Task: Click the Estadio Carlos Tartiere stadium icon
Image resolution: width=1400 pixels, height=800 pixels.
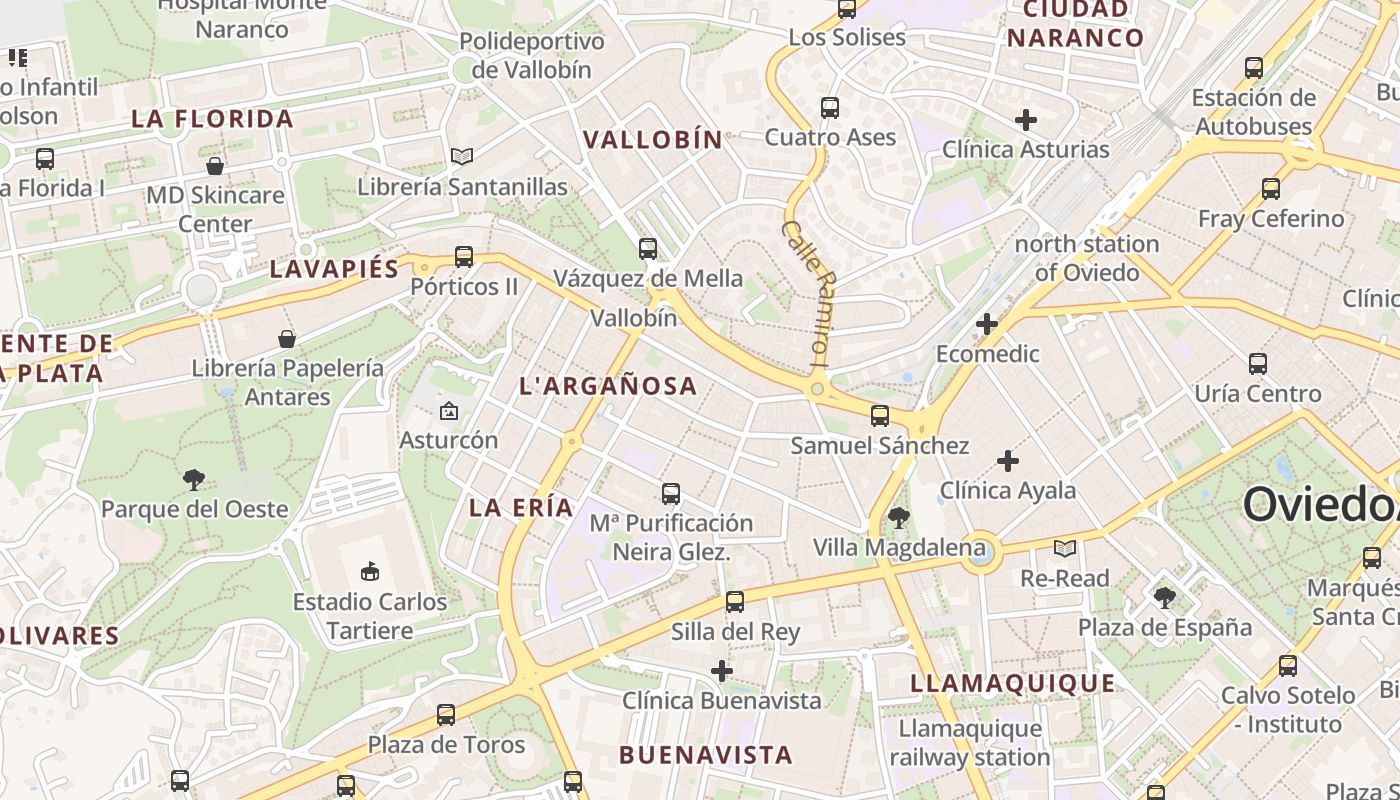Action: pyautogui.click(x=369, y=571)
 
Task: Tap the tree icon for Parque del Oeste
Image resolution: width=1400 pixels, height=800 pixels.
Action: pyautogui.click(x=194, y=480)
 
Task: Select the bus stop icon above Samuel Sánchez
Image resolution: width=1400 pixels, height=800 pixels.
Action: pyautogui.click(x=880, y=415)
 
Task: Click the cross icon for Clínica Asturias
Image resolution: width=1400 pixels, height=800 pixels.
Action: pyautogui.click(x=1025, y=120)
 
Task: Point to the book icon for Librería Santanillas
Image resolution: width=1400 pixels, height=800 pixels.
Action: pyautogui.click(x=461, y=157)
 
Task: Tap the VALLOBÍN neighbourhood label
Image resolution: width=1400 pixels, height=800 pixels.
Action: pyautogui.click(x=652, y=140)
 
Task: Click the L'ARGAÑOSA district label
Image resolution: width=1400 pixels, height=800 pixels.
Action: pyautogui.click(x=608, y=386)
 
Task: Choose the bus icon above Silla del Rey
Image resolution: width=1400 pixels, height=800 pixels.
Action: pyautogui.click(x=735, y=601)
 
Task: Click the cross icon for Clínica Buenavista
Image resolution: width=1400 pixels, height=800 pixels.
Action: pyautogui.click(x=722, y=670)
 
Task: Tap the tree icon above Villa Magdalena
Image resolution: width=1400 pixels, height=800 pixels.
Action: pyautogui.click(x=898, y=517)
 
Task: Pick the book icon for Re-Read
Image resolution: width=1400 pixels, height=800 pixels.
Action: pyautogui.click(x=1065, y=548)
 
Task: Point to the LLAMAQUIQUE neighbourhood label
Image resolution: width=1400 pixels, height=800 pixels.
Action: pyautogui.click(x=1012, y=683)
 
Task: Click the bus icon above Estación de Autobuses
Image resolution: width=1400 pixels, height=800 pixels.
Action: pyautogui.click(x=1254, y=68)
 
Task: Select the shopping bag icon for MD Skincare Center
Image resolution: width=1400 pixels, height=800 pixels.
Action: pyautogui.click(x=215, y=165)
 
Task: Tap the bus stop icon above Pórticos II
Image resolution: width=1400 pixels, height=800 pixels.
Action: pyautogui.click(x=463, y=257)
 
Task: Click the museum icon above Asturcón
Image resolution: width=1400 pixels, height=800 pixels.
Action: pyautogui.click(x=449, y=410)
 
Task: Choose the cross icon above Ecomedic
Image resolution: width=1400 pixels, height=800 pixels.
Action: pyautogui.click(x=987, y=324)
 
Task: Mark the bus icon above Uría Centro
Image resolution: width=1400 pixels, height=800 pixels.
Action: pyautogui.click(x=1258, y=364)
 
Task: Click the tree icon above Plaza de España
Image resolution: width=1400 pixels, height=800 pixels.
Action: pyautogui.click(x=1164, y=598)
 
